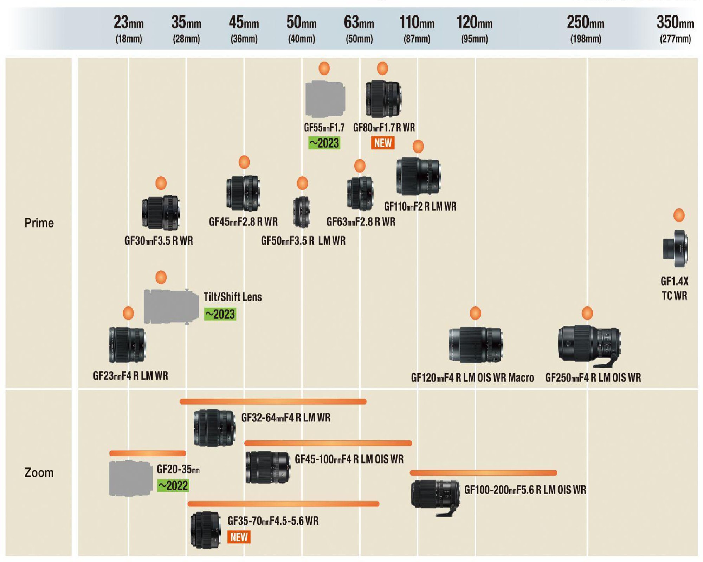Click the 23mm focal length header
coord(129,22)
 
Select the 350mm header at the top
coord(675,22)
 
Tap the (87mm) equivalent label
coord(417,39)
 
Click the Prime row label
coord(39,223)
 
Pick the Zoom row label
coord(39,472)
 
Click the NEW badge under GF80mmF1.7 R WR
coord(383,143)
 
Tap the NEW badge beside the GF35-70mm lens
coord(239,537)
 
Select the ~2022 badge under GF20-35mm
coord(173,486)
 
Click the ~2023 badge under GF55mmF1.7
coord(324,143)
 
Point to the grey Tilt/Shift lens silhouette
coord(171,306)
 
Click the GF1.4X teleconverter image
coord(675,249)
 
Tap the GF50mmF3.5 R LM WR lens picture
coord(302,212)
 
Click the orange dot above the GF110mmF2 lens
coord(418,146)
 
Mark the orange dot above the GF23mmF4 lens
coord(128,313)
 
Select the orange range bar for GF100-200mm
coord(483,473)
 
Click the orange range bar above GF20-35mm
coord(148,453)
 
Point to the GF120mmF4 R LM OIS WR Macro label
coord(472,378)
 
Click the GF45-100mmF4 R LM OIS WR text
coord(349,459)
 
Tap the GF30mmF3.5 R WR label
coord(159,241)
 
